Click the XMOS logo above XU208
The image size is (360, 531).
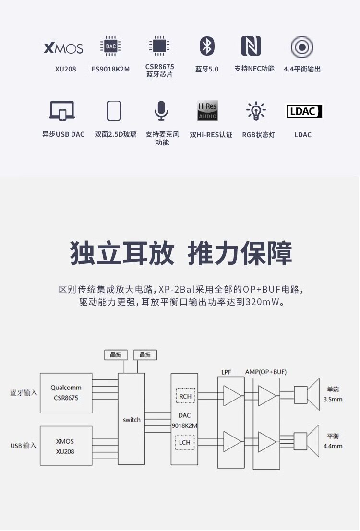click(63, 48)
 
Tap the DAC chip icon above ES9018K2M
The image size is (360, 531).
click(110, 47)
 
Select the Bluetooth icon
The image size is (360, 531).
click(207, 47)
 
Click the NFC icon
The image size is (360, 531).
click(251, 46)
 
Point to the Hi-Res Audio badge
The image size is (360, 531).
click(207, 111)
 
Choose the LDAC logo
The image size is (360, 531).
click(304, 111)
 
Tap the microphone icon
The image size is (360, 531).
click(161, 111)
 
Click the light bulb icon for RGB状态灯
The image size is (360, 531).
click(256, 111)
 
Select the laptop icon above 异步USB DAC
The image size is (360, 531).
click(62, 111)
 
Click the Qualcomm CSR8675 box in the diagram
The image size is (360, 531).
click(66, 392)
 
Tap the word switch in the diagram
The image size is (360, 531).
click(132, 420)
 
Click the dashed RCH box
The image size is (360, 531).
click(185, 396)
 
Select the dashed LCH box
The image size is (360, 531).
click(185, 442)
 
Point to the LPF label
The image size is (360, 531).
click(227, 372)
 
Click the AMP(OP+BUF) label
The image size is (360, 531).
click(266, 372)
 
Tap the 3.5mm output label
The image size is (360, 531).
click(333, 399)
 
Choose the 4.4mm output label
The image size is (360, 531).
click(333, 446)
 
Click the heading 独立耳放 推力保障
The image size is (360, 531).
click(180, 252)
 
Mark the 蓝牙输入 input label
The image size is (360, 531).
click(24, 392)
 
